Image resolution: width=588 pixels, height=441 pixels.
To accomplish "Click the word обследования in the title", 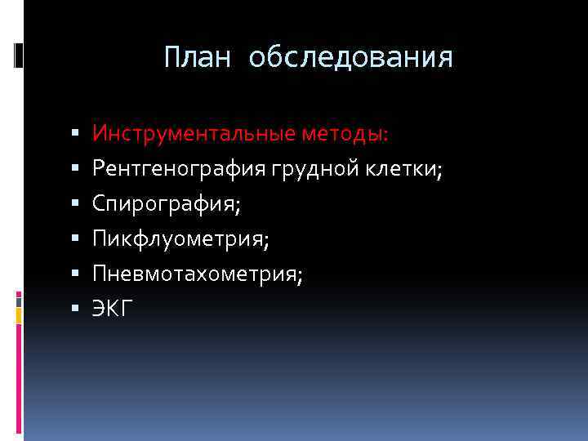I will tap(351, 58).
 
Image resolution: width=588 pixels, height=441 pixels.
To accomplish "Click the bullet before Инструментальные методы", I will tap(73, 133).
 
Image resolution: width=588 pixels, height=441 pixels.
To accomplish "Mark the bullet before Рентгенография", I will tap(73, 168).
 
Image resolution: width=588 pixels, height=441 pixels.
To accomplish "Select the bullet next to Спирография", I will tap(73, 203).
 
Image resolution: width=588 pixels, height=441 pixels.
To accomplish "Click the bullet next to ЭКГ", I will tap(73, 309).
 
